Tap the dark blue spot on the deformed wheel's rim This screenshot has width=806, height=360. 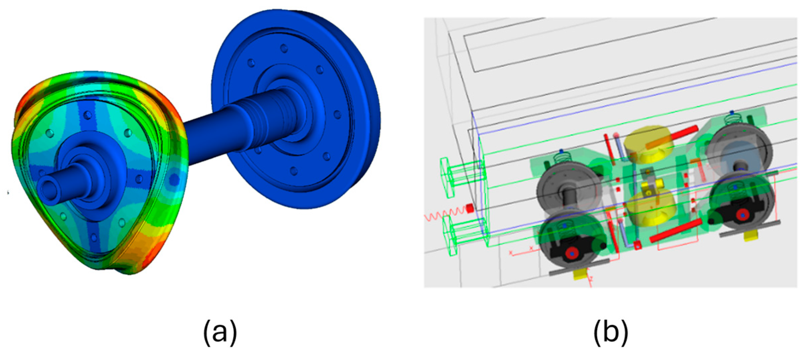pyautogui.click(x=173, y=179)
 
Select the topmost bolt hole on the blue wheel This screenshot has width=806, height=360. pyautogui.click(x=284, y=48)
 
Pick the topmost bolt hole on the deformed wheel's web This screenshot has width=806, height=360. pyautogui.click(x=88, y=115)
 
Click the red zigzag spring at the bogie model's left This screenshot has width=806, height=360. pyautogui.click(x=445, y=214)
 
